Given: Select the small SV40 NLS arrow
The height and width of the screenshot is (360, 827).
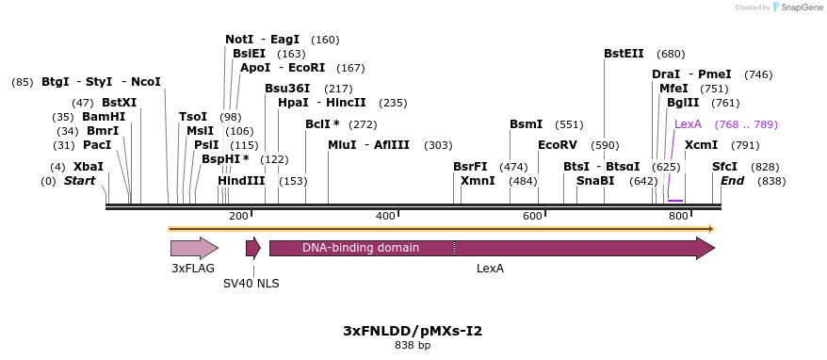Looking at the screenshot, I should click(252, 248).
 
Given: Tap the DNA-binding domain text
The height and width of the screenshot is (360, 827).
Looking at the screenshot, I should click(361, 248).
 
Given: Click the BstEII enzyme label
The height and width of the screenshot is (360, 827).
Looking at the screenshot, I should click(624, 54).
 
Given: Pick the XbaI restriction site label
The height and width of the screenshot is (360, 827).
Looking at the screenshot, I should click(89, 167).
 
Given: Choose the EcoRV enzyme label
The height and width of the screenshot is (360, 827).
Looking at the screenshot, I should click(557, 145).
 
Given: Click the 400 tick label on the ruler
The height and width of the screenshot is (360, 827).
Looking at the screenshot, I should click(385, 217).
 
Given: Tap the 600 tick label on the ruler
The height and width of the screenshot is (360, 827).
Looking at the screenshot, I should click(532, 217).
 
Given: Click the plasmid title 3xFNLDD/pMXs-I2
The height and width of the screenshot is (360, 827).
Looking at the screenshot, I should click(413, 331).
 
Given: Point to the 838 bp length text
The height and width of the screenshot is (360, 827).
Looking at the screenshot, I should click(413, 346).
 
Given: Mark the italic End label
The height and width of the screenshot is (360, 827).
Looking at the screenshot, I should click(733, 180).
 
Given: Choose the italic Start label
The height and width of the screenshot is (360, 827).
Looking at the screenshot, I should click(80, 180).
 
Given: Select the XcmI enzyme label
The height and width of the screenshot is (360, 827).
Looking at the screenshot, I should click(701, 145).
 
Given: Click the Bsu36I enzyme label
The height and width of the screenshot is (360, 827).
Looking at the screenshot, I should click(287, 89).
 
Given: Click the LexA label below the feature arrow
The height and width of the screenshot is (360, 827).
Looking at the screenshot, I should click(490, 269).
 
